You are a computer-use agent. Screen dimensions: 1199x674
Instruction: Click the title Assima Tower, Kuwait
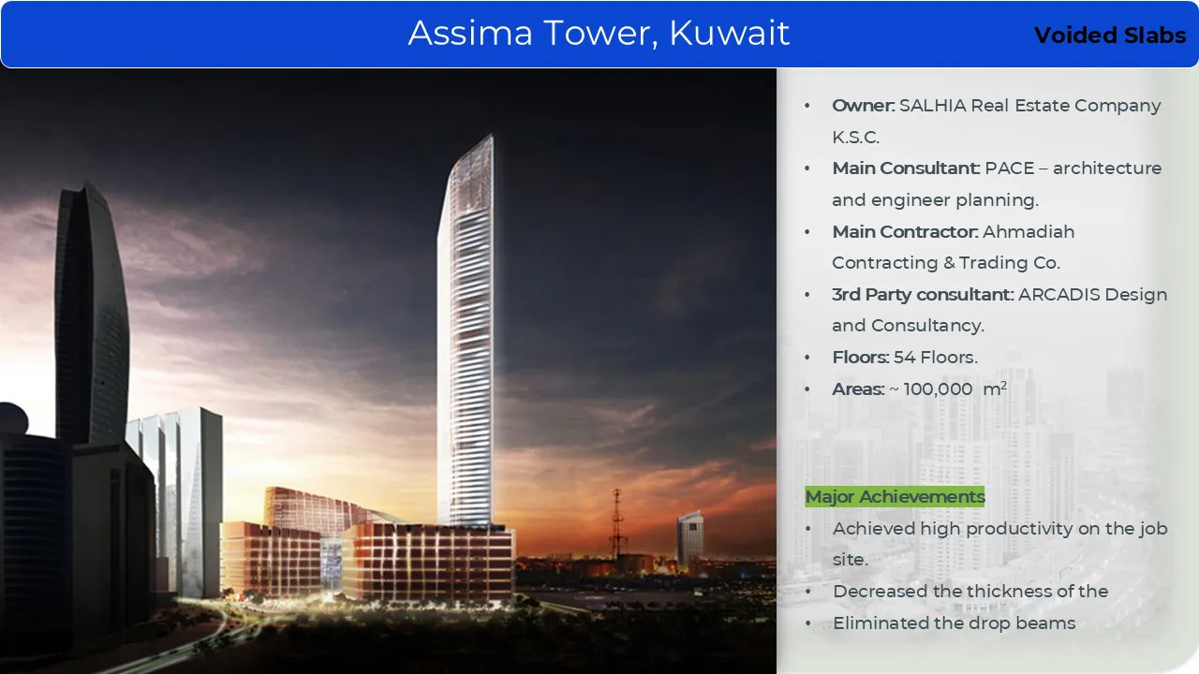pyautogui.click(x=599, y=33)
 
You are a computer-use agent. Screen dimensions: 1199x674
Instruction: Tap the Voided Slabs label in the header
pyautogui.click(x=1110, y=36)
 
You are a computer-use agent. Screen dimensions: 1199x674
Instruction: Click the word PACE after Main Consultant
pyautogui.click(x=1010, y=168)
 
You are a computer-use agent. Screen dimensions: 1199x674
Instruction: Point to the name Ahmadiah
pyautogui.click(x=1029, y=231)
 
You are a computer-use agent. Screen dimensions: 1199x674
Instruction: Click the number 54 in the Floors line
pyautogui.click(x=905, y=358)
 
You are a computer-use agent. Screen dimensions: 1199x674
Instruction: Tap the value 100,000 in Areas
pyautogui.click(x=938, y=389)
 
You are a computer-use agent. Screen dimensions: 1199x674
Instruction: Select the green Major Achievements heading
pyautogui.click(x=895, y=496)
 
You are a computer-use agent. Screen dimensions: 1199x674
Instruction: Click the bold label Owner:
pyautogui.click(x=863, y=106)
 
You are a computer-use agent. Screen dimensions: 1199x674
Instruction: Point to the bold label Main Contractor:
pyautogui.click(x=905, y=231)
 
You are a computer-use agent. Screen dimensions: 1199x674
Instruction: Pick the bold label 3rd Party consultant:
pyautogui.click(x=923, y=294)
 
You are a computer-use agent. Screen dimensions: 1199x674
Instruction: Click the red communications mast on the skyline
pyautogui.click(x=617, y=524)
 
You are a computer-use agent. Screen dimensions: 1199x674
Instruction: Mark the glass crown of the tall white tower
pyautogui.click(x=471, y=177)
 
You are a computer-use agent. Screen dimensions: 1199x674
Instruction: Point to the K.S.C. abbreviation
pyautogui.click(x=855, y=137)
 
